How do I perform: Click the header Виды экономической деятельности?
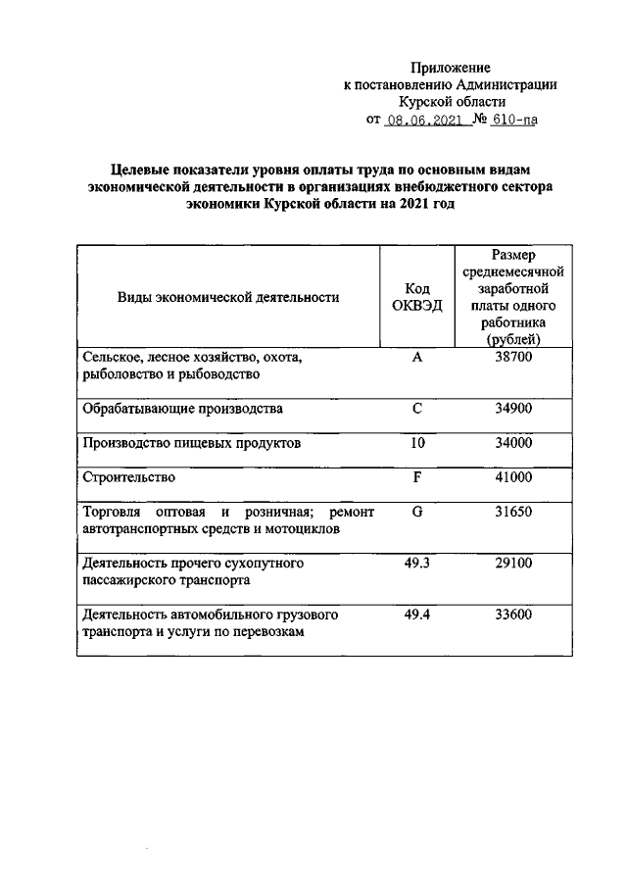[x=228, y=297]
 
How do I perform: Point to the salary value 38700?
[x=512, y=358]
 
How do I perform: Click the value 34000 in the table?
[x=512, y=443]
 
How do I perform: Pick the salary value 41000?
[x=512, y=477]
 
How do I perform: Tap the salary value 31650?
[x=512, y=513]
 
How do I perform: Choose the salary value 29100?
[x=512, y=564]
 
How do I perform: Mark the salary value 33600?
[x=512, y=615]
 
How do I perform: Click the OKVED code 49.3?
[x=417, y=564]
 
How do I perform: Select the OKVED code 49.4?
[x=417, y=615]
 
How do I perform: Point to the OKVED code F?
[x=417, y=477]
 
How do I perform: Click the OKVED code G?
[x=417, y=513]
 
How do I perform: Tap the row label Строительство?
[x=129, y=477]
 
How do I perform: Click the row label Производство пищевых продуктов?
[x=191, y=443]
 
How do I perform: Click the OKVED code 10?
[x=417, y=443]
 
